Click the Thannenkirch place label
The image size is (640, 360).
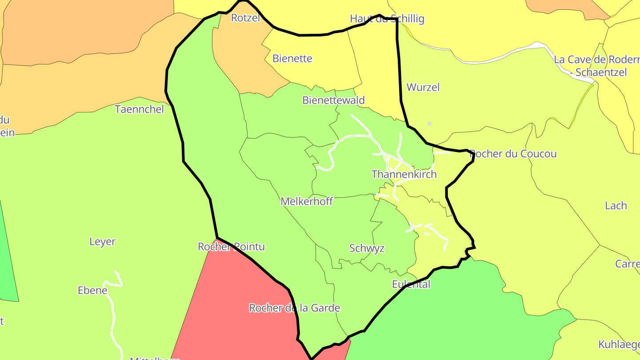404,174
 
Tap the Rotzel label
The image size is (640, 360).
245,18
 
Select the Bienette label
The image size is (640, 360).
292,59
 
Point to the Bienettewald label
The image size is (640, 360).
333,100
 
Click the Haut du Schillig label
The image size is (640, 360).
387,19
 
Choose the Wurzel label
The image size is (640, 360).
423,88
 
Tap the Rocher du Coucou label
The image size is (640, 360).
513,154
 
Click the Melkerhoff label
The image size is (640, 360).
307,202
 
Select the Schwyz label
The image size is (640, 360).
367,248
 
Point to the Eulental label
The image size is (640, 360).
411,284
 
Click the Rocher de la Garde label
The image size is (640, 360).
294,308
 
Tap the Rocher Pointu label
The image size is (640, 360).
231,247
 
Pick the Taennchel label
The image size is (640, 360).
139,109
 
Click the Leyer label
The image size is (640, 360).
102,242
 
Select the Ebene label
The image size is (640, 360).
92,291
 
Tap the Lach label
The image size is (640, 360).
616,206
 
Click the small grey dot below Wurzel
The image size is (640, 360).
429,124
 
